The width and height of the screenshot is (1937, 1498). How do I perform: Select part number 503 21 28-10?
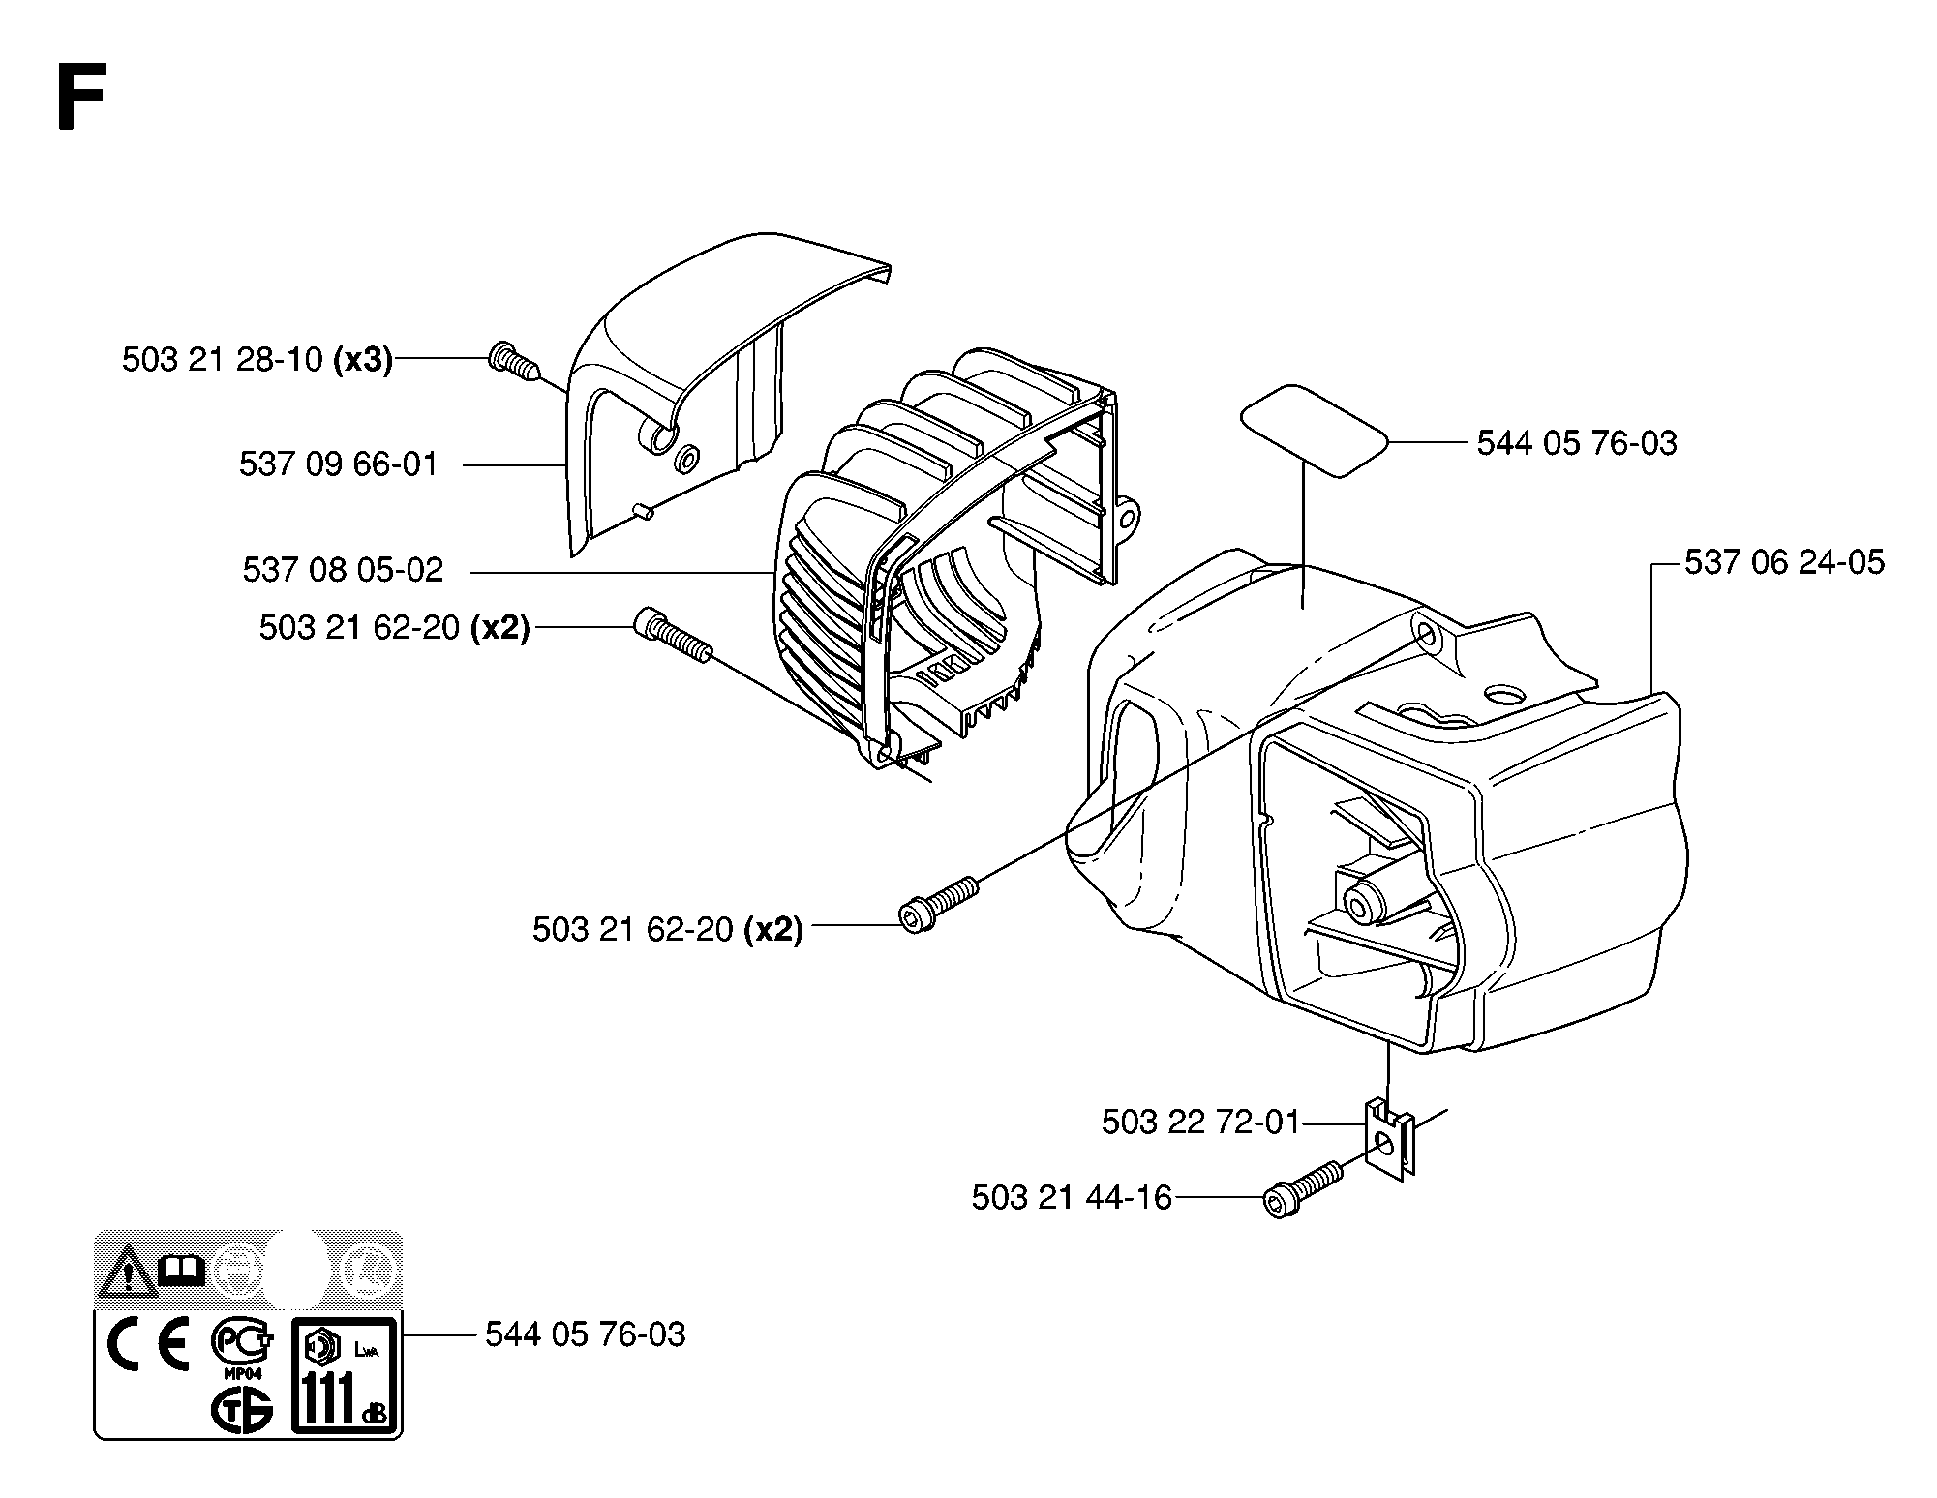point(223,360)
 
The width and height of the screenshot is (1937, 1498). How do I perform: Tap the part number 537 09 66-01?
point(339,464)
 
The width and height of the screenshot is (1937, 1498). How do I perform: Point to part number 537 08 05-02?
point(343,569)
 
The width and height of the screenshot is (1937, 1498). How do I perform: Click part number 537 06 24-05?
point(1785,562)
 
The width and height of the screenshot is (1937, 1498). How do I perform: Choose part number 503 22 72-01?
point(1200,1123)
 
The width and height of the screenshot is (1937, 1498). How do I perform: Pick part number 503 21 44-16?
point(1072,1198)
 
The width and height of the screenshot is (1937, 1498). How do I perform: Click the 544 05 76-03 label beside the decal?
point(586,1335)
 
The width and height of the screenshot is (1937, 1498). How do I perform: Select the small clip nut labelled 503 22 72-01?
point(1389,1139)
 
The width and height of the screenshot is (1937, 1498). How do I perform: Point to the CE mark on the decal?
point(148,1346)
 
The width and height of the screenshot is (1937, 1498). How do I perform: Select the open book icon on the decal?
point(182,1269)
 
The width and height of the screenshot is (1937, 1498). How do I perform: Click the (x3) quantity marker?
point(363,360)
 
